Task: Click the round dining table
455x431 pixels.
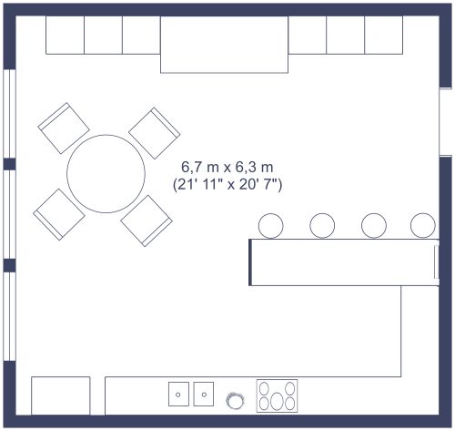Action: [x=106, y=174]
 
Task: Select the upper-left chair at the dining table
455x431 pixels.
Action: [x=64, y=128]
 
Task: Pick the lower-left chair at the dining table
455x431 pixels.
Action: [x=59, y=215]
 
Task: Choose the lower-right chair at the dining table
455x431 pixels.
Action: [x=147, y=220]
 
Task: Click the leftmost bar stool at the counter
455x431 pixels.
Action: [x=271, y=224]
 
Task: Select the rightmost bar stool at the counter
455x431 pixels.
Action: [x=423, y=224]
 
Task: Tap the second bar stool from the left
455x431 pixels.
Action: [x=322, y=224]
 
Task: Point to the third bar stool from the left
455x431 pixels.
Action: [x=374, y=224]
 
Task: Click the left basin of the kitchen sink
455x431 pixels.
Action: [x=179, y=395]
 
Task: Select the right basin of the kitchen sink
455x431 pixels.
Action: [x=204, y=395]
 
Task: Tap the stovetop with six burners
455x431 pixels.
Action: [x=278, y=395]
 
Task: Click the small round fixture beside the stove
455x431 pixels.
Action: [x=236, y=399]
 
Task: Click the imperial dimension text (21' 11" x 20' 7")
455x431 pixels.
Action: [x=227, y=184]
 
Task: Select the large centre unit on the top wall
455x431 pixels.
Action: [x=225, y=44]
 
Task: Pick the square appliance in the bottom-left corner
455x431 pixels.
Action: [x=61, y=395]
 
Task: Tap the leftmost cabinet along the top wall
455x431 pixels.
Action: [x=65, y=36]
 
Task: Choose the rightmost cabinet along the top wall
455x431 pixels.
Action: [x=384, y=36]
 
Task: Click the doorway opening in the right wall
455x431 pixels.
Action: [x=446, y=122]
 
